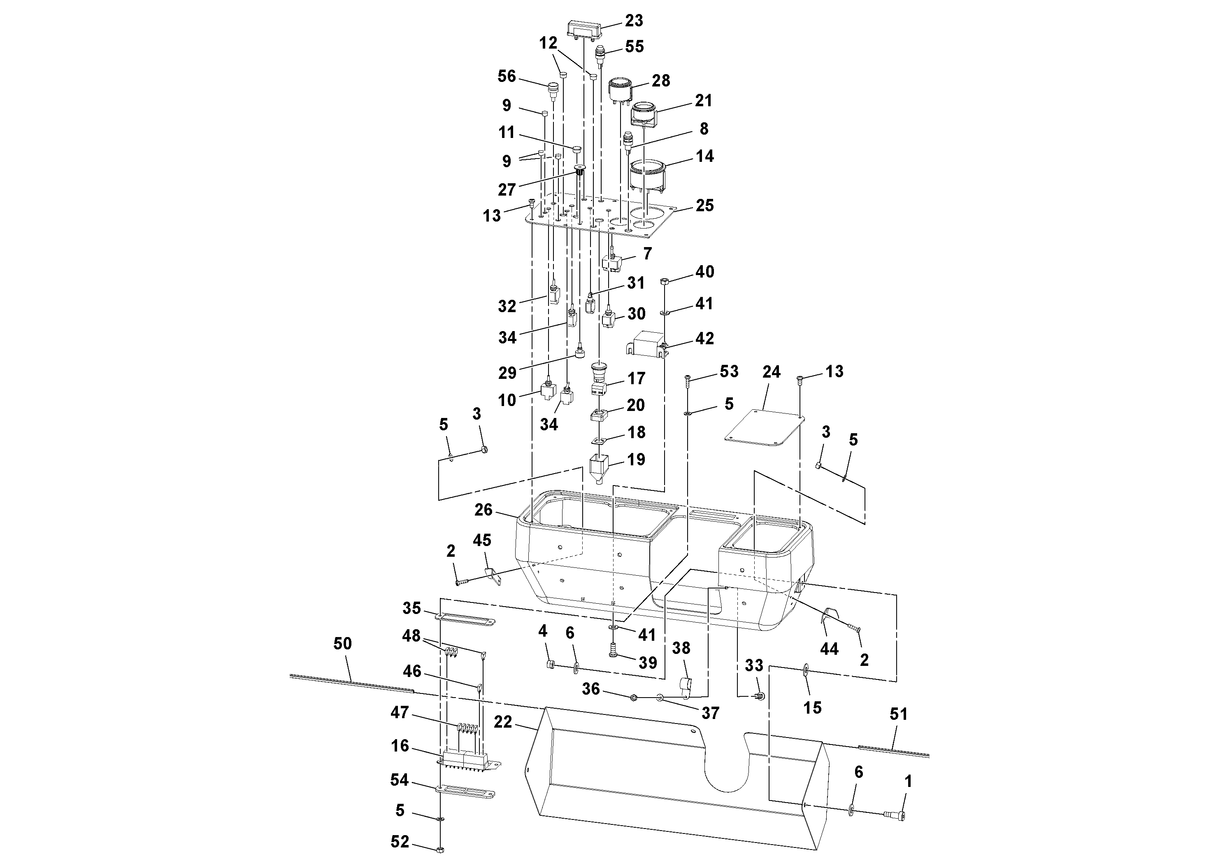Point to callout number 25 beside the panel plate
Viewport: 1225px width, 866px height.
click(704, 206)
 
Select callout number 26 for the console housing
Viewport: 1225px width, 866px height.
click(483, 510)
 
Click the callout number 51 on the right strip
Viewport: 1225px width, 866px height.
click(898, 714)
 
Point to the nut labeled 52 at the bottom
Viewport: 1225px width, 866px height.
click(441, 850)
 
